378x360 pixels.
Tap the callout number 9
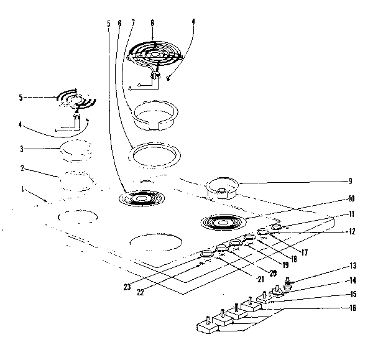coord(351,181)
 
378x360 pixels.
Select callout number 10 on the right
coord(351,199)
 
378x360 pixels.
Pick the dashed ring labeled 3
coord(76,150)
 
